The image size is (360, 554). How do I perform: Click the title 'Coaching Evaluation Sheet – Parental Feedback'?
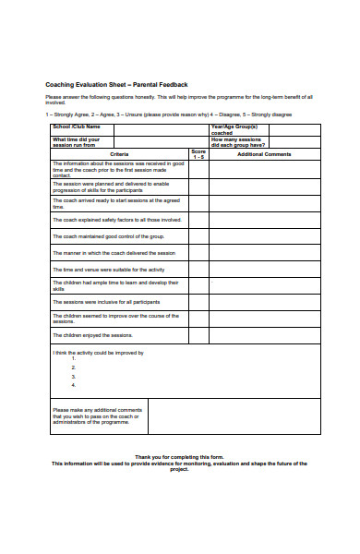pyautogui.click(x=116, y=84)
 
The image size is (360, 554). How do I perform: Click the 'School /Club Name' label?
pyautogui.click(x=77, y=127)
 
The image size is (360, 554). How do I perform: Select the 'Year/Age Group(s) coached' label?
pyautogui.click(x=234, y=129)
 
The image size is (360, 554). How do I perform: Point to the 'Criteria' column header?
pyautogui.click(x=119, y=154)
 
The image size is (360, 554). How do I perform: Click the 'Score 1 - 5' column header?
pyautogui.click(x=198, y=153)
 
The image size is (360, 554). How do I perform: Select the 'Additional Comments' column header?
pyautogui.click(x=264, y=154)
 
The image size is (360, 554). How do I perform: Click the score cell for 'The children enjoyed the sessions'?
pyautogui.click(x=198, y=335)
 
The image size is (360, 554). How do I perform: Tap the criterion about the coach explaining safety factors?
pyautogui.click(x=117, y=220)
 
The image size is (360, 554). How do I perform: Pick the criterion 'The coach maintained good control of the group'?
pyautogui.click(x=113, y=236)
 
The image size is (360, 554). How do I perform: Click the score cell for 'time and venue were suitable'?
pyautogui.click(x=198, y=269)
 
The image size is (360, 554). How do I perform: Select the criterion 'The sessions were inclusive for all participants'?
pyautogui.click(x=106, y=302)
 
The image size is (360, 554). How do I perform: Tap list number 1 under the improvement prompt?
pyautogui.click(x=73, y=359)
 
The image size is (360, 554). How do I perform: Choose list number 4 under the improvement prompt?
pyautogui.click(x=73, y=386)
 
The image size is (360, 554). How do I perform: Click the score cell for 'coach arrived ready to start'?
pyautogui.click(x=198, y=203)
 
